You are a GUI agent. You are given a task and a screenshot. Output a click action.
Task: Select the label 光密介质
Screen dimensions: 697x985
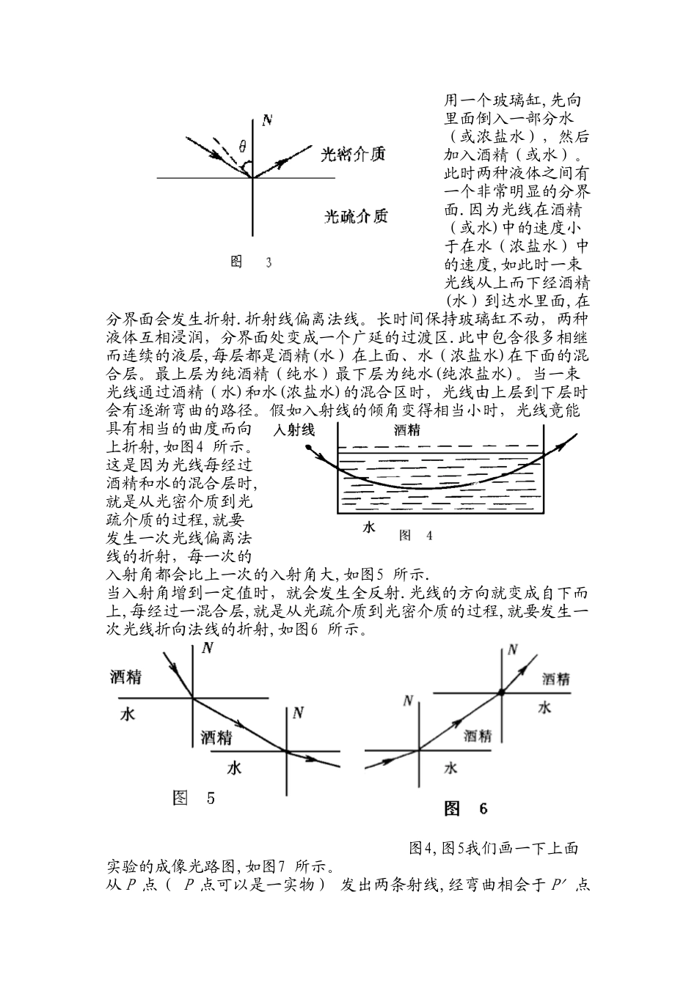(354, 155)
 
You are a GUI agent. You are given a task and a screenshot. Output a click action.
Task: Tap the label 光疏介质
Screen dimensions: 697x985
(356, 216)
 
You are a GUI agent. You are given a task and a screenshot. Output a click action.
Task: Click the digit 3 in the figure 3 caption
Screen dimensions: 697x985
(269, 262)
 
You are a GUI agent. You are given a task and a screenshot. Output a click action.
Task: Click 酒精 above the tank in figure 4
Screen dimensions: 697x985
(406, 430)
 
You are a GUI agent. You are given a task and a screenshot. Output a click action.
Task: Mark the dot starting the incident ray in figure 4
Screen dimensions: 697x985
(307, 448)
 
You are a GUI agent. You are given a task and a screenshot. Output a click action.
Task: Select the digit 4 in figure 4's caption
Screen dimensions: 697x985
(429, 536)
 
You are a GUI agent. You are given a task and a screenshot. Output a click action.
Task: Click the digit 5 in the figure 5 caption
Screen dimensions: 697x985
(211, 798)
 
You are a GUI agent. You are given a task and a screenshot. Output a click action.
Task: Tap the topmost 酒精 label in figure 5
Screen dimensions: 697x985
(125, 677)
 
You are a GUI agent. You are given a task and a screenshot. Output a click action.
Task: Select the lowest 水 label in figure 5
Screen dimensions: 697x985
(235, 768)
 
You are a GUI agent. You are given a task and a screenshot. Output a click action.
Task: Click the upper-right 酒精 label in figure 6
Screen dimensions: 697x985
(555, 679)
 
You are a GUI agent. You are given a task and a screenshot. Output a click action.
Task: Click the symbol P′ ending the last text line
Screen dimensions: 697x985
(560, 885)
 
